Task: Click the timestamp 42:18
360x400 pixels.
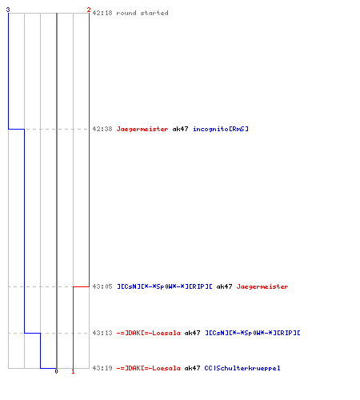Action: pos(102,13)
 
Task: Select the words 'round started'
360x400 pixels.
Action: pos(142,13)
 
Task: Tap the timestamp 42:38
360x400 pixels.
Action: pos(102,129)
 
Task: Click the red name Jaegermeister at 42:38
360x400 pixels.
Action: pos(142,130)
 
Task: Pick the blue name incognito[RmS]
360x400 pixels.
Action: pos(221,130)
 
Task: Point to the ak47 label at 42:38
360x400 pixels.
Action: pos(180,129)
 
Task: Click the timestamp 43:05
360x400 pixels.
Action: pos(102,286)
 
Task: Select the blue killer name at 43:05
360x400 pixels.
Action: pos(165,286)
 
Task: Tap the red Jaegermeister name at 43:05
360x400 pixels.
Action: pos(262,287)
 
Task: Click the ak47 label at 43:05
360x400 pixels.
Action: pos(224,286)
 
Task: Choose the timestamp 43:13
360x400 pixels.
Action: pos(102,333)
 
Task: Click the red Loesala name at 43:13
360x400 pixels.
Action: pos(149,333)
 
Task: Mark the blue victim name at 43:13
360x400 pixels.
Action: pos(253,333)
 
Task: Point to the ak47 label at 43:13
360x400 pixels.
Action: pos(192,333)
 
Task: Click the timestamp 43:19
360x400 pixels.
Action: pos(102,368)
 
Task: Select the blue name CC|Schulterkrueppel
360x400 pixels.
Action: pos(242,369)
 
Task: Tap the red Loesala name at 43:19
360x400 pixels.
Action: pos(149,368)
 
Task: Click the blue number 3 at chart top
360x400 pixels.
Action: pos(8,10)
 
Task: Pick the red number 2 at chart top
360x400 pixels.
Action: pos(89,10)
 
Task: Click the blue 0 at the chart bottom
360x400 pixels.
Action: pos(56,371)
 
